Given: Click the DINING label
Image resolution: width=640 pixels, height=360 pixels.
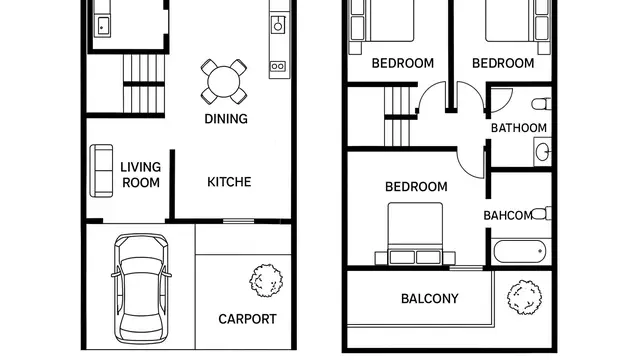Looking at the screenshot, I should pos(226,119).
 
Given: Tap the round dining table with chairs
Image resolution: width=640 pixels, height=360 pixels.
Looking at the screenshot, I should pos(224,81).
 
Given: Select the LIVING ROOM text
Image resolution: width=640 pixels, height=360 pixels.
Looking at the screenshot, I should pos(141,175).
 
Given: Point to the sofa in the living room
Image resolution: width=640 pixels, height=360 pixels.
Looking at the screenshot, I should pos(101,170).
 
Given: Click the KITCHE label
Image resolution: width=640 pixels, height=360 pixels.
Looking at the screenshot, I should pos(229,182).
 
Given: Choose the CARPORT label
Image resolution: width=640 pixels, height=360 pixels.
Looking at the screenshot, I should pos(247,319).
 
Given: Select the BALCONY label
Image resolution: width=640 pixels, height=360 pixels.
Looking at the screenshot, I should pos(429,298).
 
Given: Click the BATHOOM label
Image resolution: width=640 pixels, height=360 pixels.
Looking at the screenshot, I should pos(518,128).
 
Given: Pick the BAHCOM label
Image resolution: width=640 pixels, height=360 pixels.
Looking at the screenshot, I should pos(508,215).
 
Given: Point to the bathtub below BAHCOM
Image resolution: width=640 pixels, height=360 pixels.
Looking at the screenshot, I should pos(519,251).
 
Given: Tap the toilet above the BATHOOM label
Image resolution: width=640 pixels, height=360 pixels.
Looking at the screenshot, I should pos(541,102).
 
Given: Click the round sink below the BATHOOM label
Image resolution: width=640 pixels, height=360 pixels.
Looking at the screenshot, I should pos(541,153).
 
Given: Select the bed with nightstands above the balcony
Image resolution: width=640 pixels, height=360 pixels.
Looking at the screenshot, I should pos(415,235).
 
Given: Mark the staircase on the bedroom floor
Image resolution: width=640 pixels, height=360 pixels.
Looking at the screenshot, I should pos(399,115).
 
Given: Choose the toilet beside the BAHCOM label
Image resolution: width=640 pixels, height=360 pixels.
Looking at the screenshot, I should pos(541,213).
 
